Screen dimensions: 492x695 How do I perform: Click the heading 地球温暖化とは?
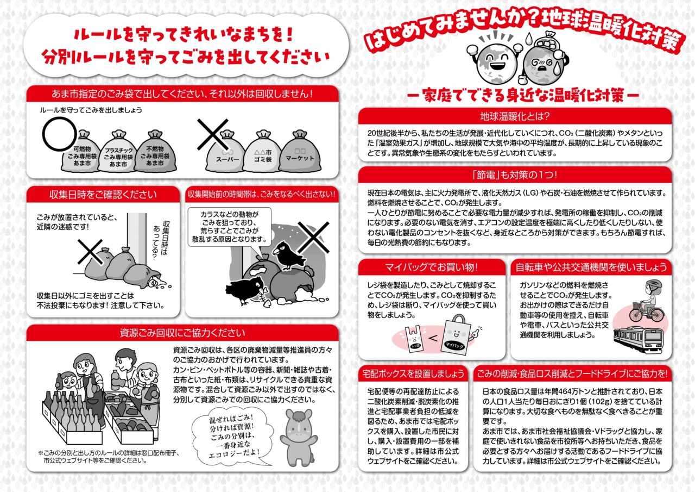515,116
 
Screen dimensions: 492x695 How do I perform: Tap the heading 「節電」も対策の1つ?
515,175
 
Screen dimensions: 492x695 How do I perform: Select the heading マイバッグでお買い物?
432,267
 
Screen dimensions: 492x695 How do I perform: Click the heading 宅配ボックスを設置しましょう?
413,373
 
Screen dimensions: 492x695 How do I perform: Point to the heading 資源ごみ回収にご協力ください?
182,333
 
